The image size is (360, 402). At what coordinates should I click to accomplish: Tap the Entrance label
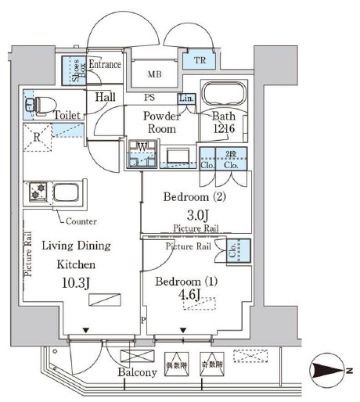click(x=105, y=65)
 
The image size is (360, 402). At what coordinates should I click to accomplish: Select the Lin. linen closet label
click(x=186, y=99)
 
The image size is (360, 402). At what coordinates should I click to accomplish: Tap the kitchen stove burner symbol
click(x=38, y=190)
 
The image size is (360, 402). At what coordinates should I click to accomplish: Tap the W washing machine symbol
click(x=142, y=147)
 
